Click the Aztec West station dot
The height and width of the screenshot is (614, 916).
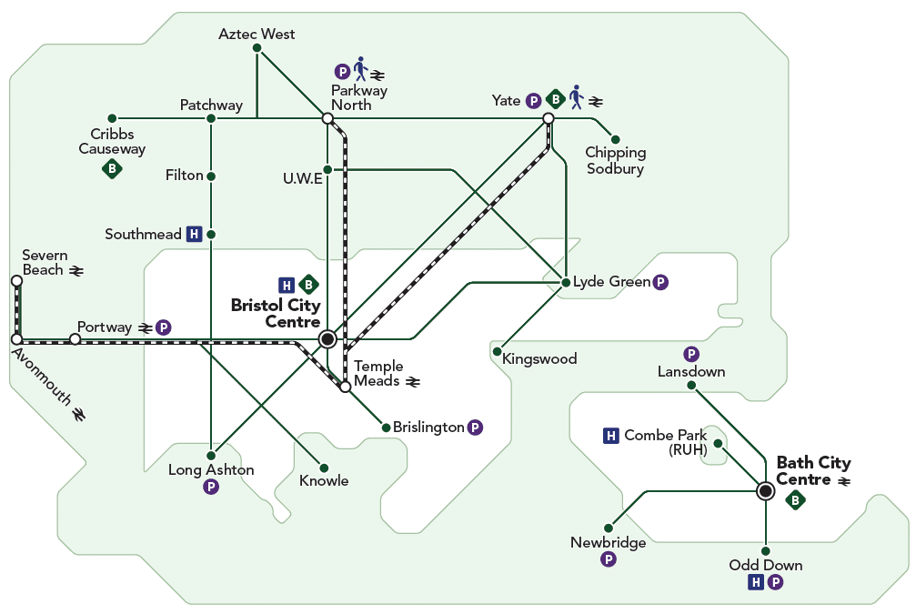(x=257, y=48)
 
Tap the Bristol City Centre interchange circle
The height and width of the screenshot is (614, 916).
(x=327, y=339)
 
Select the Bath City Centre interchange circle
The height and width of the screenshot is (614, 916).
(x=765, y=490)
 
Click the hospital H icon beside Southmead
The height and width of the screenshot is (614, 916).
(x=194, y=235)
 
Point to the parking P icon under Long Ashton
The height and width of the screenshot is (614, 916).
(x=211, y=487)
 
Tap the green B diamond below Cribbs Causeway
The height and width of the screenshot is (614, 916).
(x=112, y=169)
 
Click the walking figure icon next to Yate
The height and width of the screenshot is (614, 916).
(x=577, y=97)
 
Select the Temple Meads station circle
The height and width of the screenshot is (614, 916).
(x=346, y=387)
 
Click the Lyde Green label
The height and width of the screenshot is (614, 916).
(x=611, y=282)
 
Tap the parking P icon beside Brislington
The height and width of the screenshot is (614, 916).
(x=476, y=428)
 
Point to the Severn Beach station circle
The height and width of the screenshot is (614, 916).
(x=17, y=281)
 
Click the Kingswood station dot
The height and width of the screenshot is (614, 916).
(x=498, y=352)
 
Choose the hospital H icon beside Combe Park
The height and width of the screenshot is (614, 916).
(x=610, y=435)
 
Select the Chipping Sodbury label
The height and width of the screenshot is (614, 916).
(x=616, y=161)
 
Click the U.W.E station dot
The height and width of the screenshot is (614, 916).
(x=327, y=169)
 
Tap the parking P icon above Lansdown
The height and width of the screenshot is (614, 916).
(x=691, y=354)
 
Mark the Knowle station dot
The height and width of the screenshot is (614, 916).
(x=324, y=468)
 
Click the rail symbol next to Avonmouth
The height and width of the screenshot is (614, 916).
(x=78, y=414)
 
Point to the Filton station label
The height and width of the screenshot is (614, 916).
(x=184, y=176)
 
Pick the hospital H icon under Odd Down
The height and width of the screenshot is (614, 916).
(x=756, y=582)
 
